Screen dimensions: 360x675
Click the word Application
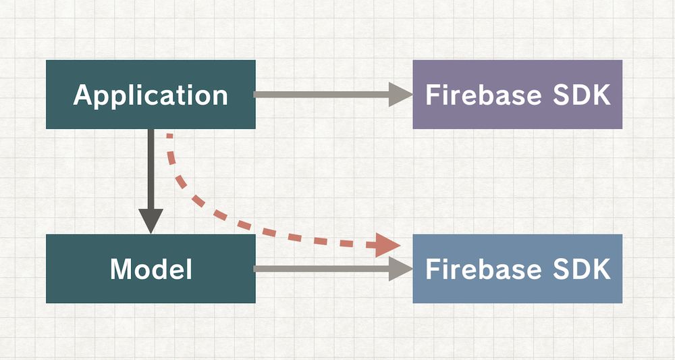pyautogui.click(x=151, y=95)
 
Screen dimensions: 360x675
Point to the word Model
pyautogui.click(x=151, y=269)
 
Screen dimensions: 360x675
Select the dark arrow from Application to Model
pyautogui.click(x=151, y=169)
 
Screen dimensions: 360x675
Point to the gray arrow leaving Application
pyautogui.click(x=317, y=95)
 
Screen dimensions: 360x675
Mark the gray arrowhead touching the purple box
pyautogui.click(x=400, y=95)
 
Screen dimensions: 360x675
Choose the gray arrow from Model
pyautogui.click(x=317, y=269)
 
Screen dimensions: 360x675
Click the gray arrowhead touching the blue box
pyautogui.click(x=400, y=269)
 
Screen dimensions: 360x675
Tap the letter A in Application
pyautogui.click(x=82, y=95)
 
